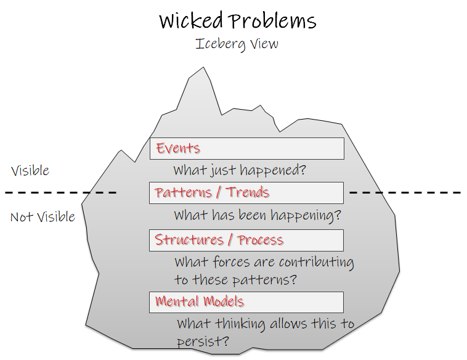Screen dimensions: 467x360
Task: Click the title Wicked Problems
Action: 237,20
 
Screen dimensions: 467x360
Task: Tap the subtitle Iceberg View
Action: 237,44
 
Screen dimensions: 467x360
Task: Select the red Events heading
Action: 178,148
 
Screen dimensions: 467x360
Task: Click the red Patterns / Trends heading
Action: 212,192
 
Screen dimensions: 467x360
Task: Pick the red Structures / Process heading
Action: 219,240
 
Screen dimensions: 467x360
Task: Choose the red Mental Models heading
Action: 199,301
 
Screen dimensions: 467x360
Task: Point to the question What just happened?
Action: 240,171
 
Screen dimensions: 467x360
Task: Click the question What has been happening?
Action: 258,215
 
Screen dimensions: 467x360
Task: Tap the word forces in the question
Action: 231,262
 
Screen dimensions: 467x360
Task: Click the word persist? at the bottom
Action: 203,341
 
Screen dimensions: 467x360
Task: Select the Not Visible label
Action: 43,216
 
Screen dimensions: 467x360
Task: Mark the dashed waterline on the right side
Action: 405,193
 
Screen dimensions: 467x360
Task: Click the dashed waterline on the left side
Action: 61,193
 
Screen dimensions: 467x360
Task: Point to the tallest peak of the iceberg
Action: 203,67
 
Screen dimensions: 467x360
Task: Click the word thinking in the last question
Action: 240,324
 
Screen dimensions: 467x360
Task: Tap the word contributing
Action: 317,262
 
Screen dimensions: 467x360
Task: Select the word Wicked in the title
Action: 191,20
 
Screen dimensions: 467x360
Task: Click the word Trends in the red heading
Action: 248,192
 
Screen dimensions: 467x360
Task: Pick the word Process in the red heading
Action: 261,240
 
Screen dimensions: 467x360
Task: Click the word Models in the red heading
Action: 224,301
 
